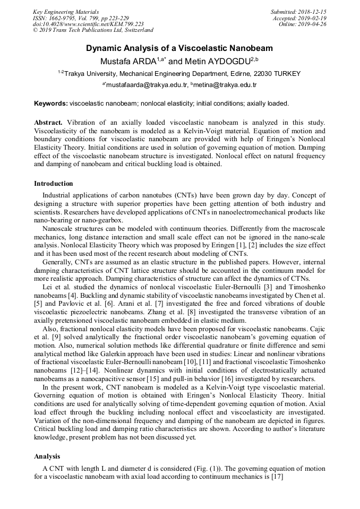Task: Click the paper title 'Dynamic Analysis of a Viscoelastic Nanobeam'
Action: coord(179,48)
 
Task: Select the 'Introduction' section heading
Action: coord(54,184)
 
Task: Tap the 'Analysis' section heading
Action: coord(47,456)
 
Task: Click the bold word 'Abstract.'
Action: coord(48,123)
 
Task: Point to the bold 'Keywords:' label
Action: coord(51,103)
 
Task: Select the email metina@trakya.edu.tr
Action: coord(225,85)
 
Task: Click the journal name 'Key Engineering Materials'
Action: coord(66,12)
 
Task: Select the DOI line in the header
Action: coord(88,24)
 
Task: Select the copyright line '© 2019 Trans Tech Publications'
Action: coord(93,31)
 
